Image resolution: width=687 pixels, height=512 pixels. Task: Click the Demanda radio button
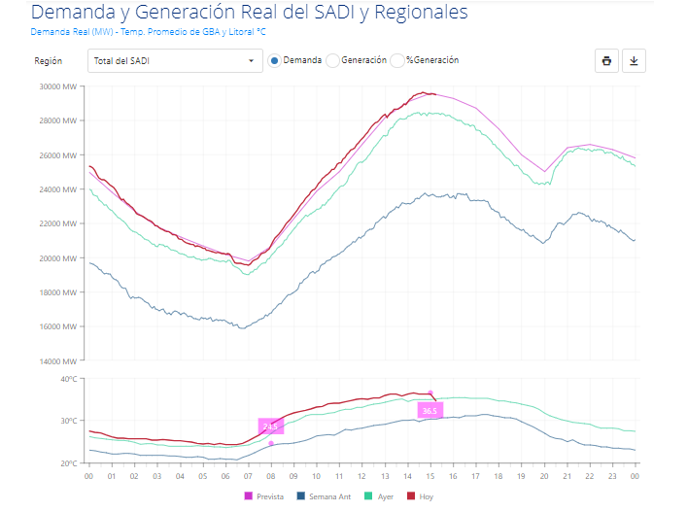pos(274,60)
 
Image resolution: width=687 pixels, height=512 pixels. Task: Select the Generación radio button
pos(332,60)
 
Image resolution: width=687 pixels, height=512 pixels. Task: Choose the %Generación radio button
pos(397,60)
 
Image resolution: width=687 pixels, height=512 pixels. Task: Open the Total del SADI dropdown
pos(175,61)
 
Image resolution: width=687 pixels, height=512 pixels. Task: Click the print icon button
pos(606,61)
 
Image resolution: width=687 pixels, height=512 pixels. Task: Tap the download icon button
pos(634,61)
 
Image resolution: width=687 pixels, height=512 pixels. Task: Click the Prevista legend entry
pos(264,496)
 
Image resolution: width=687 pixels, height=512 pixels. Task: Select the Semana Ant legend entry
pos(325,496)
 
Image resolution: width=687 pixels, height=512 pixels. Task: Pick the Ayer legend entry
pos(379,496)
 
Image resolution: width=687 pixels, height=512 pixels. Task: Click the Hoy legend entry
pos(420,496)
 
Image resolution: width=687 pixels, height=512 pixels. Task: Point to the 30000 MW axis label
pos(58,86)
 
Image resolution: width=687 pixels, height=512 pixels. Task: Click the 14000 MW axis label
pos(58,361)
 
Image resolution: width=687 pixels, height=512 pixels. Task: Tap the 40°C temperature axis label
pos(69,379)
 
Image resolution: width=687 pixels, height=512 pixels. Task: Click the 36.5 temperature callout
pos(429,410)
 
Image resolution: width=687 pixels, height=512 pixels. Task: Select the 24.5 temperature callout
pos(271,427)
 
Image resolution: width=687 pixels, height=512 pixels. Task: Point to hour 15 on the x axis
pos(430,476)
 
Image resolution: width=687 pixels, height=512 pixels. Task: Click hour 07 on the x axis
pos(248,476)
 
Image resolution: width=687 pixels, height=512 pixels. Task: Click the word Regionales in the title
pos(421,13)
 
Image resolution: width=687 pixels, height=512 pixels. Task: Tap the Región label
pos(49,61)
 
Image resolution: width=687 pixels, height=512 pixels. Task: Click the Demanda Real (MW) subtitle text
pos(72,32)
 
